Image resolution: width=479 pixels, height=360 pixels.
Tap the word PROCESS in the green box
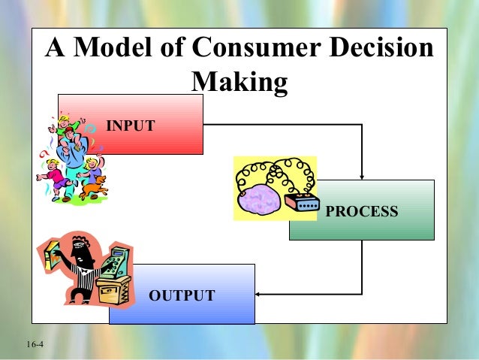(x=362, y=211)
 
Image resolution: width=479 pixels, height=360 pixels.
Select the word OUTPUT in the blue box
(x=182, y=295)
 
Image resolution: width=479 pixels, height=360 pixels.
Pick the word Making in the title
(x=240, y=82)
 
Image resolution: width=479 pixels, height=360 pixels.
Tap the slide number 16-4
(x=35, y=344)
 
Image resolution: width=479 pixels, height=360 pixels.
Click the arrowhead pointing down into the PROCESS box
(x=362, y=175)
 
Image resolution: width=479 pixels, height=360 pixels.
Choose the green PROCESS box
(x=375, y=225)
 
